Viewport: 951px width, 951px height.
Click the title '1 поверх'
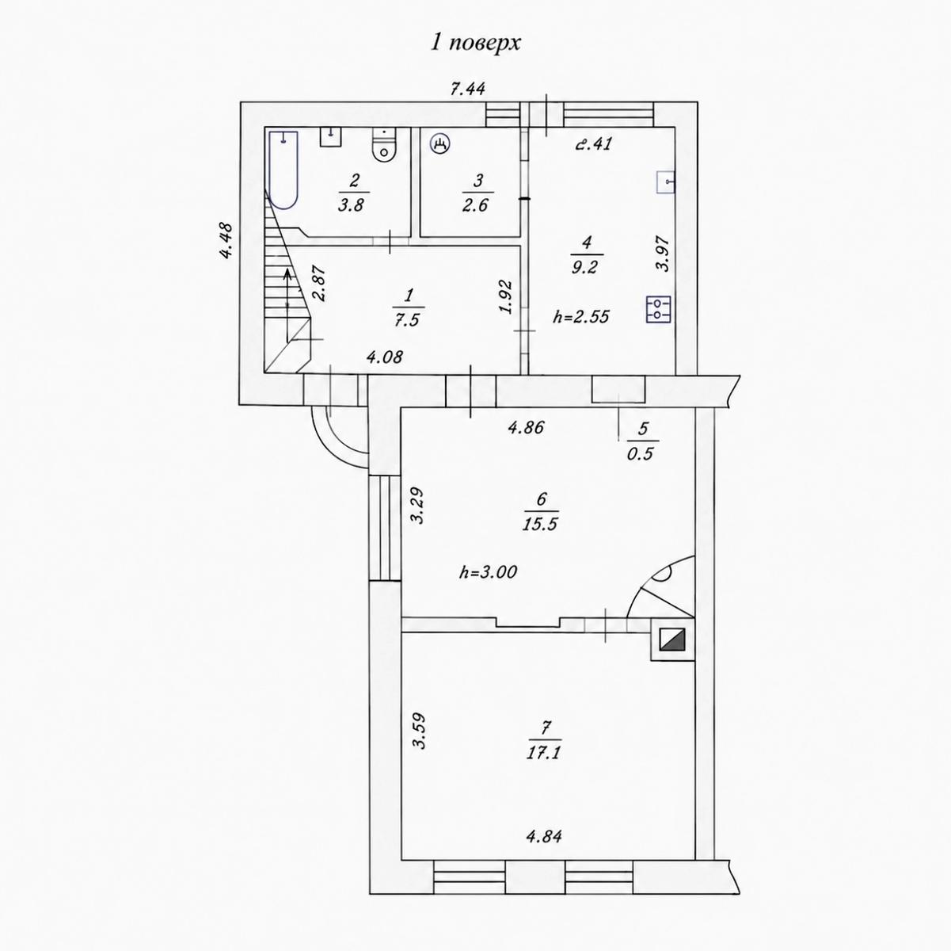(476, 44)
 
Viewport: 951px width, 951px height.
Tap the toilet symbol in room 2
(384, 145)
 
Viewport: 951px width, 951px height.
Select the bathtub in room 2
(283, 170)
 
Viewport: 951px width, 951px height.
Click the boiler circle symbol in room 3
(439, 144)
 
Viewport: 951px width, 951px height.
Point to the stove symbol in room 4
(659, 310)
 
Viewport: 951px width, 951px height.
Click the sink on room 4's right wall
(665, 181)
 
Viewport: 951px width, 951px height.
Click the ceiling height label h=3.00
(488, 572)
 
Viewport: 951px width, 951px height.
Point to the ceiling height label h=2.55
(581, 316)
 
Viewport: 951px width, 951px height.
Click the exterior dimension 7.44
(468, 89)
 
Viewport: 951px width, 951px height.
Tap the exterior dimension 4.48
(226, 241)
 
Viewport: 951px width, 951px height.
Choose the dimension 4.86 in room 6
(526, 427)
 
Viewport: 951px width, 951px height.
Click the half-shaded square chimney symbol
(671, 640)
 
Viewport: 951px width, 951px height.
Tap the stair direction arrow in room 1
(287, 305)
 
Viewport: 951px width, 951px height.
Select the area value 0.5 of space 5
(640, 453)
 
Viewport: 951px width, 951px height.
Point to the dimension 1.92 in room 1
(506, 297)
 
